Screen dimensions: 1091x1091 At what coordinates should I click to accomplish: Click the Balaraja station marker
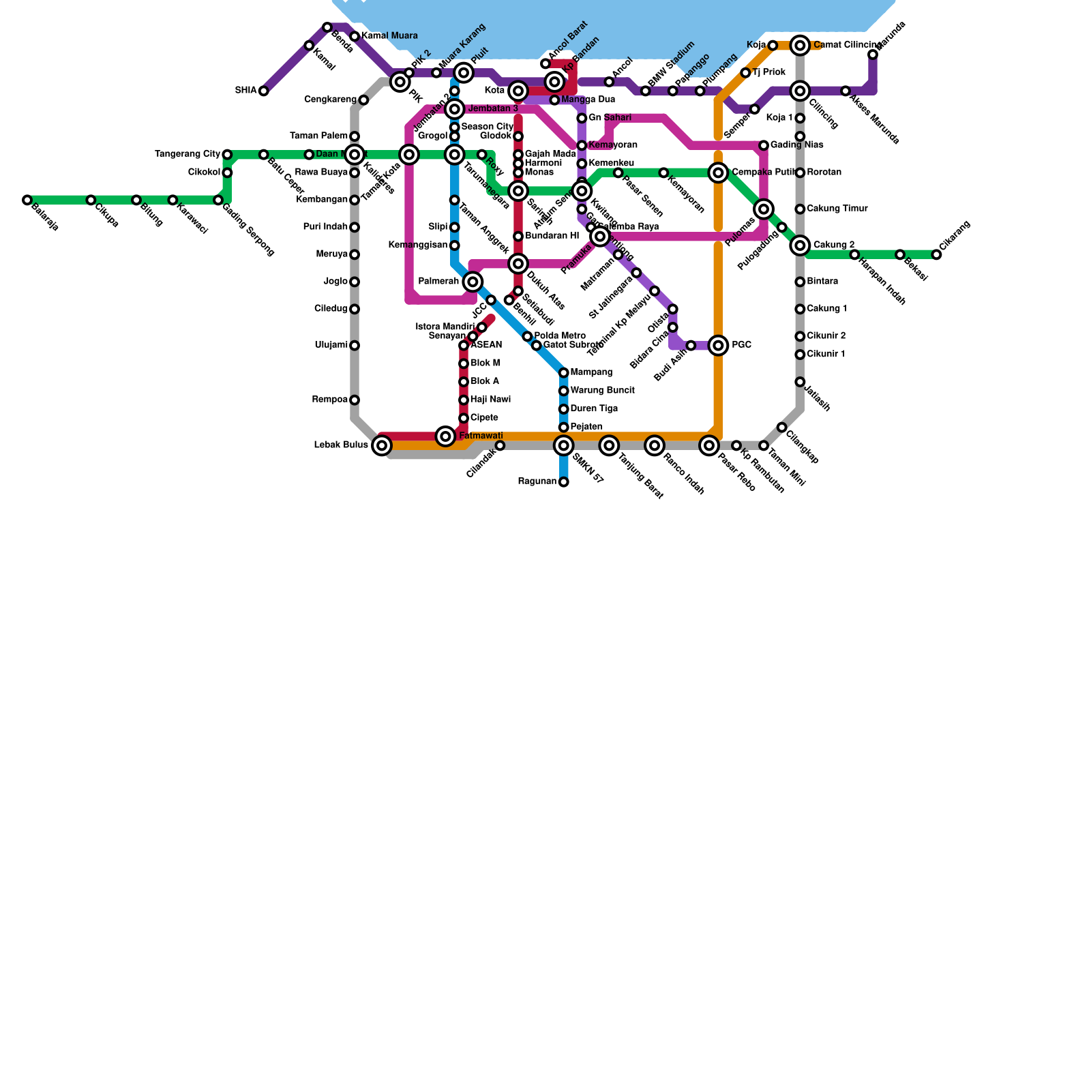tap(27, 200)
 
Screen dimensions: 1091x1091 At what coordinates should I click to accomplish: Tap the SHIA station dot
tap(263, 91)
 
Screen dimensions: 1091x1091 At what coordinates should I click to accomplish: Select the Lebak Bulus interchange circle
tap(382, 445)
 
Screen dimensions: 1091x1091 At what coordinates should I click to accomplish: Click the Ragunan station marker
tap(563, 482)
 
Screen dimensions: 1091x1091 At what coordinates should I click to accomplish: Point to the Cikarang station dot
tap(936, 254)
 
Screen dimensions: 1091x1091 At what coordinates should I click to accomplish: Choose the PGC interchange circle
tap(718, 345)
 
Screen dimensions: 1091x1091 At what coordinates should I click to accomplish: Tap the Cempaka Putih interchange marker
tap(718, 173)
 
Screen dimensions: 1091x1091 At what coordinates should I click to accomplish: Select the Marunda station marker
tap(873, 55)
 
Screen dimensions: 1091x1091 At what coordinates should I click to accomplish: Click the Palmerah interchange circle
tap(473, 282)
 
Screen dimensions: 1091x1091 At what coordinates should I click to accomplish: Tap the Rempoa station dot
tap(355, 400)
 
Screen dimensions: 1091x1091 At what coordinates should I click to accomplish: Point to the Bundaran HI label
tap(552, 236)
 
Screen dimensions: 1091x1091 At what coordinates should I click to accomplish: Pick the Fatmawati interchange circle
tap(445, 436)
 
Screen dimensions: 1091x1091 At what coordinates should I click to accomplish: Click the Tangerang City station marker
tap(227, 155)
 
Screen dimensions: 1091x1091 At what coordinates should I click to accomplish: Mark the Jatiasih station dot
tap(800, 382)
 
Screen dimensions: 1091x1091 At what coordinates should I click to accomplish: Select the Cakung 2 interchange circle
tap(801, 245)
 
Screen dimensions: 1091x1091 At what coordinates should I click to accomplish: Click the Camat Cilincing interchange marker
tap(801, 46)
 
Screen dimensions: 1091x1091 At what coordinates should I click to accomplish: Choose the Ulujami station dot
tap(355, 345)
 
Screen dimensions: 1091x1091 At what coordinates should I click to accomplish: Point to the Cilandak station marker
tap(500, 445)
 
